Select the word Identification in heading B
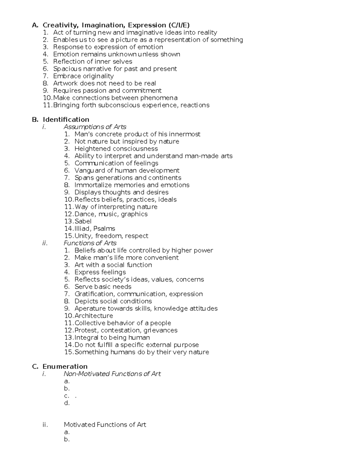66,120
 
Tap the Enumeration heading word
65,366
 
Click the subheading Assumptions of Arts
95,127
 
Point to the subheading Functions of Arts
90,243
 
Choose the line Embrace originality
83,76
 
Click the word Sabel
83,221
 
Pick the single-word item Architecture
94,316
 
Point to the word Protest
86,330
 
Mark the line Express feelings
100,272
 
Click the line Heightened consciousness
116,149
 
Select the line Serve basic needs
103,287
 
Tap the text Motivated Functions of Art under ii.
105,425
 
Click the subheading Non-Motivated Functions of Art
112,374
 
